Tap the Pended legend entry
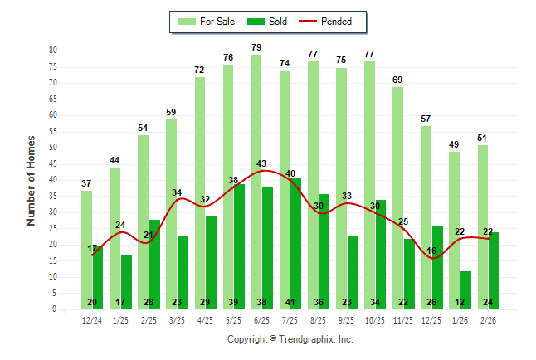331,22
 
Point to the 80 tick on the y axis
52,51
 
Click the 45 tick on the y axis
52,163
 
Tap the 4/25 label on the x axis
206,319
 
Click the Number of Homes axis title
31,180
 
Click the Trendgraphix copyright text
290,339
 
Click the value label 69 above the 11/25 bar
397,79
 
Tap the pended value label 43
261,163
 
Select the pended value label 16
431,251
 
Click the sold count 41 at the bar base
290,302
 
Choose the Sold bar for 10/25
381,249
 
